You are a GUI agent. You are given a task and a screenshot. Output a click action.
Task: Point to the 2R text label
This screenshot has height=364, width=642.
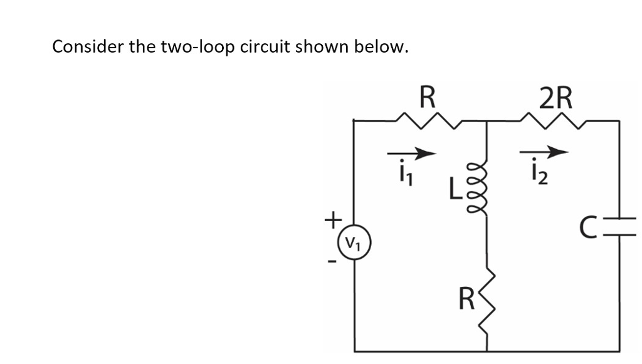click(x=555, y=97)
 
